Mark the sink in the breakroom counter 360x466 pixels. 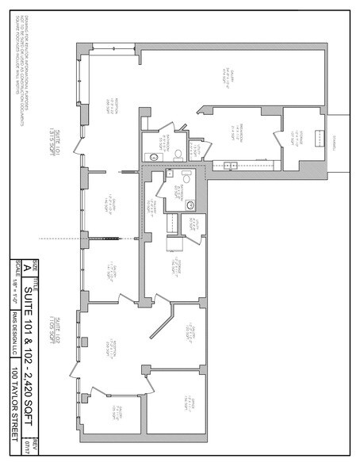click(x=227, y=165)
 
